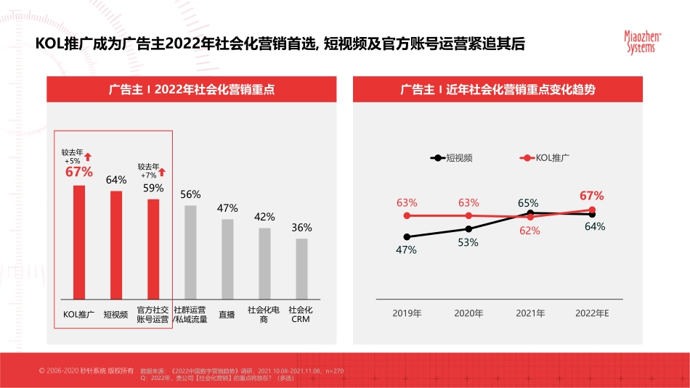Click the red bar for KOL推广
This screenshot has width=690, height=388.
tap(78, 242)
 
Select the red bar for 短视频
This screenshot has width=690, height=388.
tap(116, 245)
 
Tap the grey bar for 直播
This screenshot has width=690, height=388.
tap(227, 259)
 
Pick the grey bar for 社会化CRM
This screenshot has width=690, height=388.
tap(301, 268)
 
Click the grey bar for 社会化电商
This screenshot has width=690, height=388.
tap(264, 263)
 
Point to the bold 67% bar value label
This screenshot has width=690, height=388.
tap(79, 172)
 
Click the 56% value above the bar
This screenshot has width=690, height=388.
tap(190, 194)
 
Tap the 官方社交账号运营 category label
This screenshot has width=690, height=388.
tap(153, 315)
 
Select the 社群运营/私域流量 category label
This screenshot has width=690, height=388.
tap(190, 315)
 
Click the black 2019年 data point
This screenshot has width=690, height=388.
tap(407, 236)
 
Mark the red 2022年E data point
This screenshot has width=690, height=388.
tap(593, 210)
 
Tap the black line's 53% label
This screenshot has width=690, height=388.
tap(468, 242)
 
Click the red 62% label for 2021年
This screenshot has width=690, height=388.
tap(530, 231)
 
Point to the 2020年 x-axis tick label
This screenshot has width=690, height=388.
tap(468, 313)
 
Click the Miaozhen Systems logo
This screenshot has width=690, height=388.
tap(639, 41)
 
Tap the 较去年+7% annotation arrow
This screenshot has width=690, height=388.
tap(162, 172)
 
